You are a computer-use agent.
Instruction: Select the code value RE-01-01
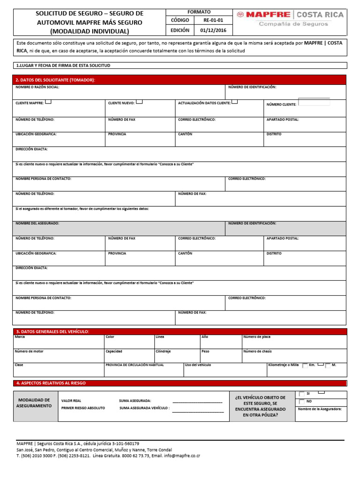coord(213,21)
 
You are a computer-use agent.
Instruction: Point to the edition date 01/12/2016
coord(213,30)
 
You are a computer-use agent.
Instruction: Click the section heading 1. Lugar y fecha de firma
coord(63,66)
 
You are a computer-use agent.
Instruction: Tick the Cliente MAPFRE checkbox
coord(49,102)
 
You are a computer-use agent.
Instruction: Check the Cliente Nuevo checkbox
coord(139,102)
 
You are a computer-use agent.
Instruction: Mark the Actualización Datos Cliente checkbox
coord(234,102)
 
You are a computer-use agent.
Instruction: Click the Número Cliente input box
coord(314,102)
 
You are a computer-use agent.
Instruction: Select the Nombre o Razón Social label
coord(37,87)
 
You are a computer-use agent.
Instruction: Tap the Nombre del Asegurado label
coord(37,224)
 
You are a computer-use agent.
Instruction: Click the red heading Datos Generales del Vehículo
coord(52,331)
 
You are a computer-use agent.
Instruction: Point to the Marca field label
coord(20,337)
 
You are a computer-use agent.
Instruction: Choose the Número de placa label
coord(256,337)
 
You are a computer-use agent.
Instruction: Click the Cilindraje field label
coord(163,351)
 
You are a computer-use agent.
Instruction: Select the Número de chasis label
coord(257,351)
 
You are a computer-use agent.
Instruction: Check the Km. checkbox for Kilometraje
coord(306,365)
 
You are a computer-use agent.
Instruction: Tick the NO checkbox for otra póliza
coord(302,402)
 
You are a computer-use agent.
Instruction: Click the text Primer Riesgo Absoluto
coord(83,408)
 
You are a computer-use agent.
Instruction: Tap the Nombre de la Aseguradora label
coord(320,409)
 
